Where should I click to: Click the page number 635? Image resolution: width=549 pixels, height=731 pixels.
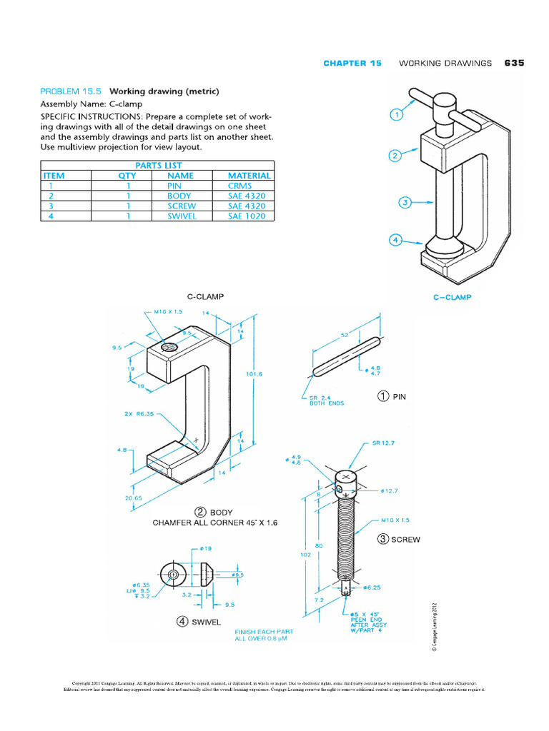pos(514,63)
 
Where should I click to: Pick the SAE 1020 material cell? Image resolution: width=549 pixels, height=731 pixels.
pos(246,216)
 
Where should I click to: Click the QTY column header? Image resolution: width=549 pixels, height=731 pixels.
pos(127,175)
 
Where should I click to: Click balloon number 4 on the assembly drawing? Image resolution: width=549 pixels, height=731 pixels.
pos(394,240)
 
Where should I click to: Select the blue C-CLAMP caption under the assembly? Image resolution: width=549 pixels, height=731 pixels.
pos(452,297)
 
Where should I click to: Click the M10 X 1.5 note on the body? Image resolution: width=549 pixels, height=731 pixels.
pos(169,312)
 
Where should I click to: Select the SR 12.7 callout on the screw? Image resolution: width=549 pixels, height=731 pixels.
pos(385,443)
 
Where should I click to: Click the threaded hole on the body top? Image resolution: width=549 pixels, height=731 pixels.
pos(168,346)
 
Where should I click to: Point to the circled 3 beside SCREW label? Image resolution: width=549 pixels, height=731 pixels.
pos(383,539)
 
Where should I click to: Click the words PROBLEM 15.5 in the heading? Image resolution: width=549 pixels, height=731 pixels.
pos(71,91)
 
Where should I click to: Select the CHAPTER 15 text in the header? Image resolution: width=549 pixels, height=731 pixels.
pos(352,63)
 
